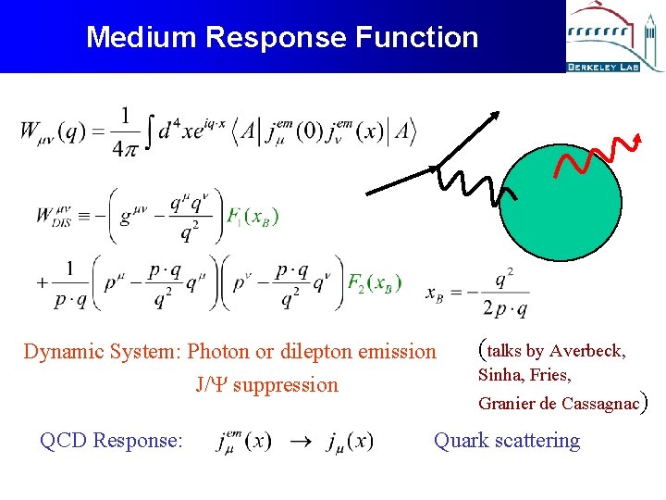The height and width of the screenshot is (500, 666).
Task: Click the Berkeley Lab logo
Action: coord(614,37)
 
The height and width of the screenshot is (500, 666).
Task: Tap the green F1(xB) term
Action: coord(253,217)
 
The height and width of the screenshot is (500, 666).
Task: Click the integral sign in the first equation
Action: coord(146,131)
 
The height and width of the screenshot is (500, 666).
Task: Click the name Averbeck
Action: coord(587,351)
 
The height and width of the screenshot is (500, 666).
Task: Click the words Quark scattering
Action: coord(507,441)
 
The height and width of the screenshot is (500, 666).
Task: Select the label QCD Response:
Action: coord(111,441)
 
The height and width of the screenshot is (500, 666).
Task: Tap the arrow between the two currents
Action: coord(298,442)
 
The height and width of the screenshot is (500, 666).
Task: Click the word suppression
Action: coord(286,384)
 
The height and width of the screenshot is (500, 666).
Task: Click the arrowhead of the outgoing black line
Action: coord(495,116)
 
